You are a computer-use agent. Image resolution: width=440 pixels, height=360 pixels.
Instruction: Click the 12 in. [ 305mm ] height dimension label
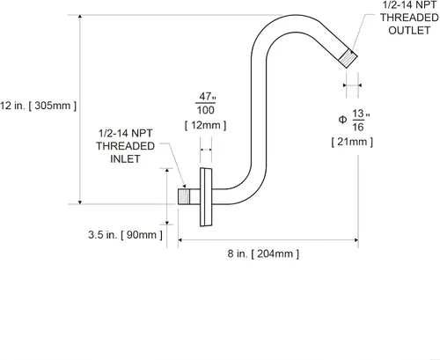coord(38,106)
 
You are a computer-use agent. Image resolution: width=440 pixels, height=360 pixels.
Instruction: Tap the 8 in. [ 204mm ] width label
coord(263,253)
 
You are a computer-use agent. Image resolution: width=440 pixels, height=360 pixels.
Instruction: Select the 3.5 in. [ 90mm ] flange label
coord(125,235)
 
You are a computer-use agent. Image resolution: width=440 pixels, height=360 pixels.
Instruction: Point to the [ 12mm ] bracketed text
coord(206,125)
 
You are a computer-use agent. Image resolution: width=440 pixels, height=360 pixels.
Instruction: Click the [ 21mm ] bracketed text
coord(352,142)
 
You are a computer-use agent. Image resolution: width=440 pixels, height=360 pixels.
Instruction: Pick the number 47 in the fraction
coord(205,96)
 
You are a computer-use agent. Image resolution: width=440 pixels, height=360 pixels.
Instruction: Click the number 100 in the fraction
coord(205,110)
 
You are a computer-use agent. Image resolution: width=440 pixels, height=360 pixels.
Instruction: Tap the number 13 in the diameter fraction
coord(358,114)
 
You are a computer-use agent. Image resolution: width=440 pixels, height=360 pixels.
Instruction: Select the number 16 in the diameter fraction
coord(358,127)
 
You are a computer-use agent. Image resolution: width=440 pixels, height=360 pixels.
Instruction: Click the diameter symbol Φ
coord(342,120)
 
